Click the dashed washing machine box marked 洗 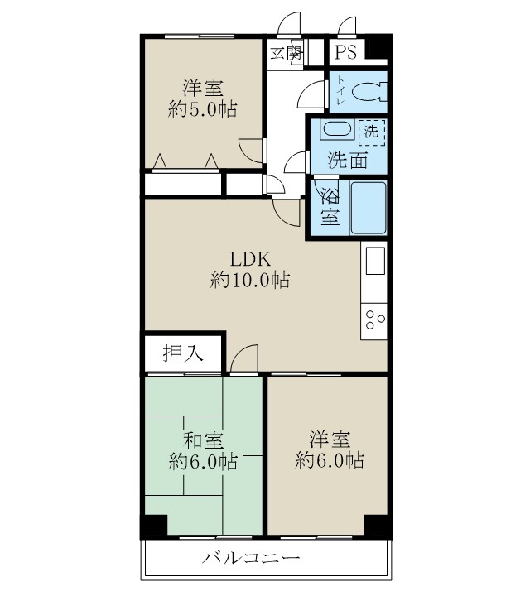tap(371, 130)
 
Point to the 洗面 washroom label tap(347, 160)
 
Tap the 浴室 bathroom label tap(329, 209)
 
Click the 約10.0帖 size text tap(249, 281)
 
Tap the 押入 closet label tap(182, 353)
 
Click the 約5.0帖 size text tap(203, 109)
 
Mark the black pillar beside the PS tap(377, 48)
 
